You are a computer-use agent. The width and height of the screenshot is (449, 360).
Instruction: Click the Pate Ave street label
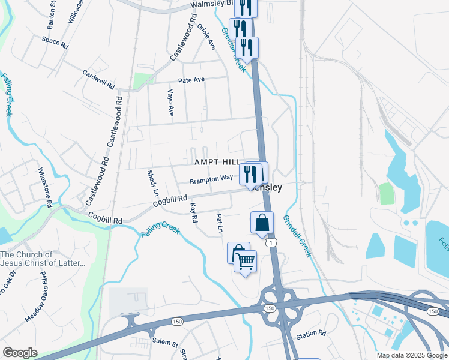(x=191, y=80)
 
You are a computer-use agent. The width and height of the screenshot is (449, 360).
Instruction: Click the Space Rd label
(x=55, y=43)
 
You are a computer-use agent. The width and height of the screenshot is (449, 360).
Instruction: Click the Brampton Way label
(x=211, y=179)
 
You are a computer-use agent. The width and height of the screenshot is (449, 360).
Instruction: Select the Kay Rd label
(x=193, y=212)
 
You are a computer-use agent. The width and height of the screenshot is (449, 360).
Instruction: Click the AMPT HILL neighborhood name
(x=217, y=163)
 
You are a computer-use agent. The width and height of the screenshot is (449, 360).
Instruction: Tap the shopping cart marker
(x=245, y=262)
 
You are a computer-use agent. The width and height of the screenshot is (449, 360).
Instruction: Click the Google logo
(x=20, y=353)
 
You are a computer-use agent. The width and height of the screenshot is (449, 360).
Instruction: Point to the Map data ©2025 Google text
(x=412, y=355)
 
